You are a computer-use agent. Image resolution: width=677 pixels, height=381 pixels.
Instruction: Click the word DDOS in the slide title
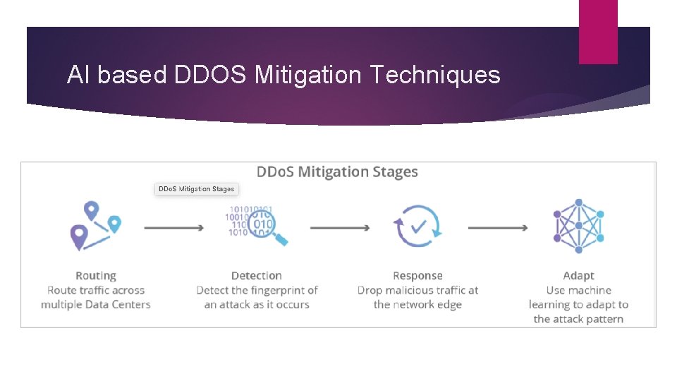[x=209, y=75]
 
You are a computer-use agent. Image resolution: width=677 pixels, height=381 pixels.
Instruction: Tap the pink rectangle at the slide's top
[x=598, y=32]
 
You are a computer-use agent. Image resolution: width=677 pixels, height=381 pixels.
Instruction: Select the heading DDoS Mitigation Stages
[x=337, y=172]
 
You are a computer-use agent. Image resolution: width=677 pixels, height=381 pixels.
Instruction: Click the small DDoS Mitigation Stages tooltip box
[x=197, y=189]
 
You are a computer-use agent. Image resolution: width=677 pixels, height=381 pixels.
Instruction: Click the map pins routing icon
[x=95, y=226]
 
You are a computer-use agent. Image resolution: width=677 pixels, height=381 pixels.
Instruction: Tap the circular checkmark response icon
[x=417, y=226]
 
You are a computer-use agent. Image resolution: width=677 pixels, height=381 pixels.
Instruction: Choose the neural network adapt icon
[x=578, y=226]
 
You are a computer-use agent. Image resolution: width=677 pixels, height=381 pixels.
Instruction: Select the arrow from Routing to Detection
[x=173, y=228]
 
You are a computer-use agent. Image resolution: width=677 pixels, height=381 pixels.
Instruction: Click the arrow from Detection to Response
[x=339, y=228]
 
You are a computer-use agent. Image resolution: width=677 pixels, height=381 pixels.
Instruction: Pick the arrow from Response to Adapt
[x=498, y=228]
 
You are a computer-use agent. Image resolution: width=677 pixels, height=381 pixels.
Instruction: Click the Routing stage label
[x=96, y=276]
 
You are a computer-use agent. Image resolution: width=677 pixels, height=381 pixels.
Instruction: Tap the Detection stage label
[x=257, y=276]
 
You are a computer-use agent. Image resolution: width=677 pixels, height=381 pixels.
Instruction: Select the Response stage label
[x=417, y=276]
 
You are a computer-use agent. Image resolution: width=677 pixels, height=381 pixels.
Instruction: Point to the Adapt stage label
[x=578, y=276]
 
